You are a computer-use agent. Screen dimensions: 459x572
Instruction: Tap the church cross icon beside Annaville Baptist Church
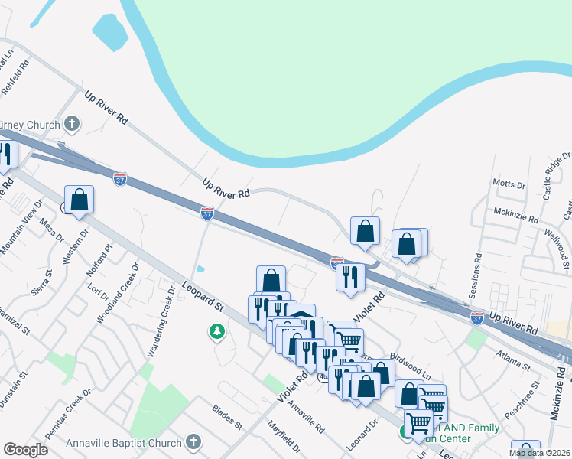193,442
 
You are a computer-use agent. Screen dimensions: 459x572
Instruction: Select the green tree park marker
217,331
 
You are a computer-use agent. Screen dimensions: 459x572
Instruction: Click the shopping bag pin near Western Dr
79,200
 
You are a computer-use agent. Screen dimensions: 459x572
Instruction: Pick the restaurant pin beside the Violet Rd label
350,278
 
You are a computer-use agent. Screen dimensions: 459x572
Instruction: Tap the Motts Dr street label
510,184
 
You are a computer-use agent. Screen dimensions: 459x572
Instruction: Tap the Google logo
25,450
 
